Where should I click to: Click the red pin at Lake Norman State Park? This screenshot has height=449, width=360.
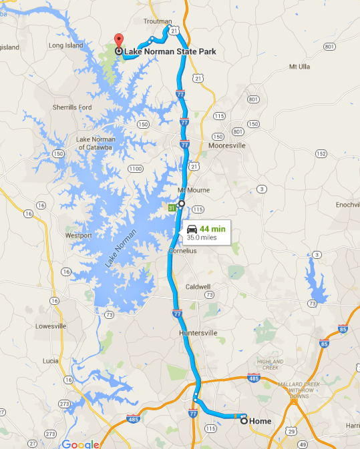coord(118,39)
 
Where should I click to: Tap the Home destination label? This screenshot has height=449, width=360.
coord(260,421)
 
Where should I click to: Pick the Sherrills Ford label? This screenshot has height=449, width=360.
coord(72,107)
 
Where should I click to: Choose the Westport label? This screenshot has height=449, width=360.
coord(78,236)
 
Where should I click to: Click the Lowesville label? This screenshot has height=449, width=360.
coord(51,326)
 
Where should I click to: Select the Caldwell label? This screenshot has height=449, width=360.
coord(198,286)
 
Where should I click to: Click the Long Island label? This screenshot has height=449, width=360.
coord(65,45)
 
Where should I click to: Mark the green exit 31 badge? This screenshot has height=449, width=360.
coord(172,208)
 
